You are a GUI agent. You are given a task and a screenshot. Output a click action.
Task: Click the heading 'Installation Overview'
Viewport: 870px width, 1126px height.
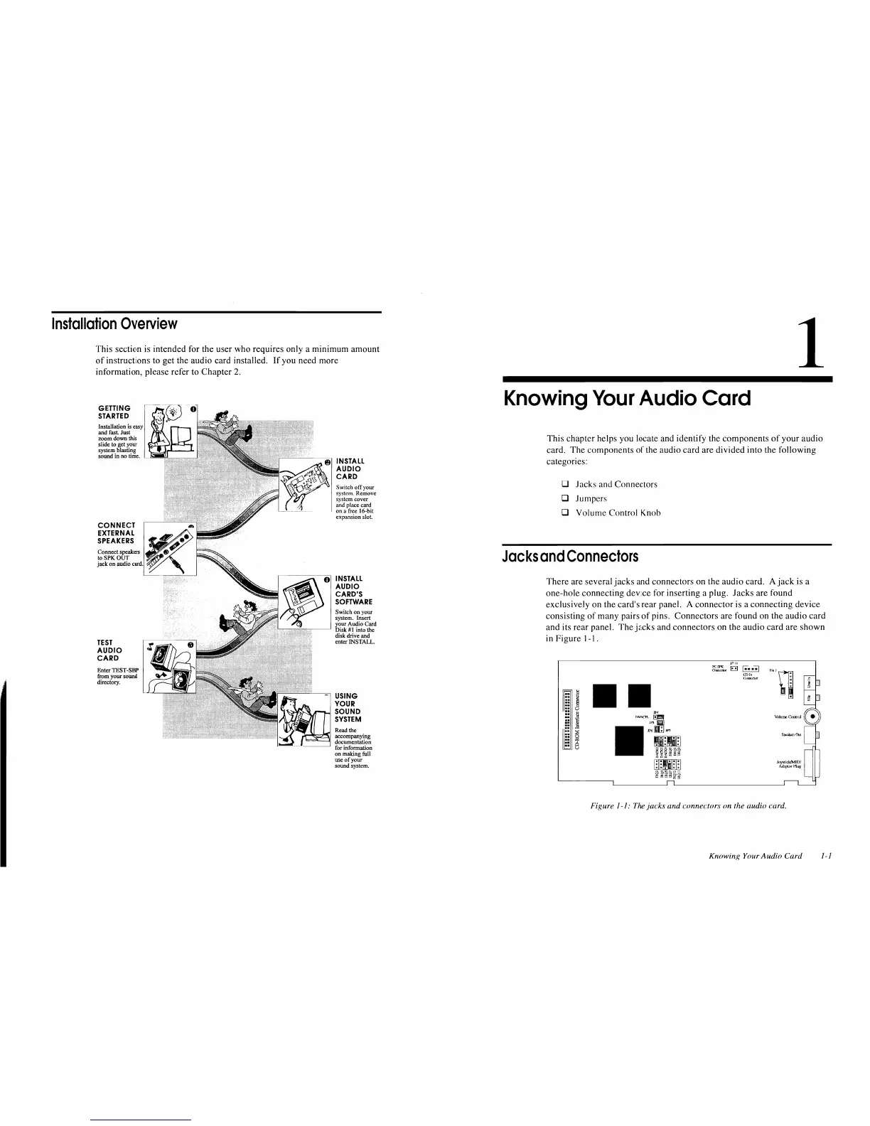114,324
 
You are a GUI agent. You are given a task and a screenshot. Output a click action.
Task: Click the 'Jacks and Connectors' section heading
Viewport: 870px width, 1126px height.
570,556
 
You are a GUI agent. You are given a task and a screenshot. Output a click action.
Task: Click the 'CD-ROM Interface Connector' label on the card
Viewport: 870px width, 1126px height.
577,719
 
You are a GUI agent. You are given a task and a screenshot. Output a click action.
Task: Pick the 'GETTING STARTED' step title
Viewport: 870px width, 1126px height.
114,412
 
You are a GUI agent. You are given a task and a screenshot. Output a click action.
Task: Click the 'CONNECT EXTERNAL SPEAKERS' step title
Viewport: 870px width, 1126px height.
117,533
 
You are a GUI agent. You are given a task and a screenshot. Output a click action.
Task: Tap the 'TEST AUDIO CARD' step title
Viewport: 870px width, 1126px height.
109,650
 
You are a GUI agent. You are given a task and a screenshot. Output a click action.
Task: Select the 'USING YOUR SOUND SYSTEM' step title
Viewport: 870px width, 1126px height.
348,707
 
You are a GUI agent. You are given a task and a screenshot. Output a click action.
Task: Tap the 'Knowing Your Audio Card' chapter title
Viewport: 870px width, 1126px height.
626,398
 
